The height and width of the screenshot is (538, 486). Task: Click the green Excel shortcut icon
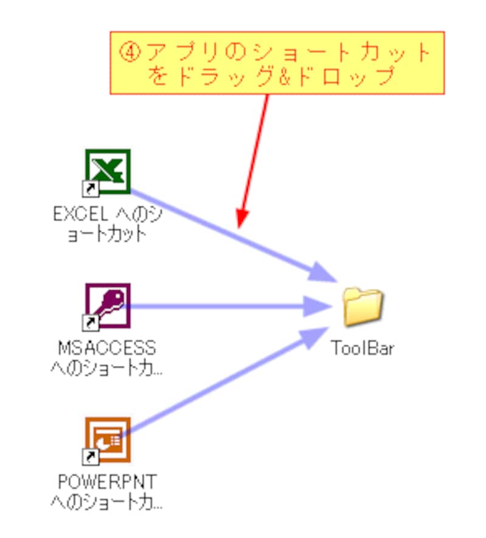click(x=107, y=172)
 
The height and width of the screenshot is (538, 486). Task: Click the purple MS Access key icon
click(x=107, y=305)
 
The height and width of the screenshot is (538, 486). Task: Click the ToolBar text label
click(x=362, y=349)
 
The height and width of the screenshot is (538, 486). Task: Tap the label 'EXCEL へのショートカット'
click(x=107, y=223)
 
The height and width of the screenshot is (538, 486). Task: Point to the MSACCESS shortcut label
click(x=107, y=357)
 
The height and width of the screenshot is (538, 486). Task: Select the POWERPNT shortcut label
click(x=107, y=491)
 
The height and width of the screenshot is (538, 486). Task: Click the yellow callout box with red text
click(x=277, y=63)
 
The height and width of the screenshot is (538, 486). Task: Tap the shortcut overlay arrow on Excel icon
click(x=90, y=189)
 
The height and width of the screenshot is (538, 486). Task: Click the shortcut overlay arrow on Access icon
click(x=90, y=322)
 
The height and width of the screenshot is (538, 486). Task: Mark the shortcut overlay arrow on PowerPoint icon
click(x=90, y=456)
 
